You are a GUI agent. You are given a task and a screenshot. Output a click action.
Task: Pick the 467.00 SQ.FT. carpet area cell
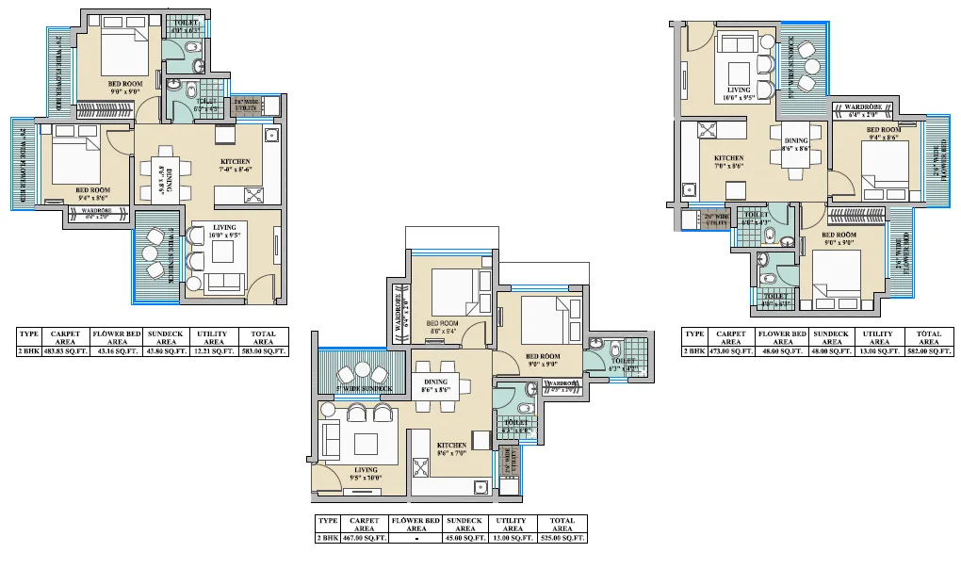click(x=363, y=538)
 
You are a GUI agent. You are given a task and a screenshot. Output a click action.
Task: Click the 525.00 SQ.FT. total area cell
click(x=562, y=538)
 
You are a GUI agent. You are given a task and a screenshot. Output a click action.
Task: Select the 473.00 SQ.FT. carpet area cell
click(x=730, y=351)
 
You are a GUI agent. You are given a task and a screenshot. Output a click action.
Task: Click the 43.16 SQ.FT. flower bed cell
click(x=115, y=351)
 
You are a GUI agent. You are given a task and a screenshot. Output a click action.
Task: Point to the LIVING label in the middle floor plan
click(x=366, y=469)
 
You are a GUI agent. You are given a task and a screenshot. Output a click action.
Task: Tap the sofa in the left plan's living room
click(x=224, y=281)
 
